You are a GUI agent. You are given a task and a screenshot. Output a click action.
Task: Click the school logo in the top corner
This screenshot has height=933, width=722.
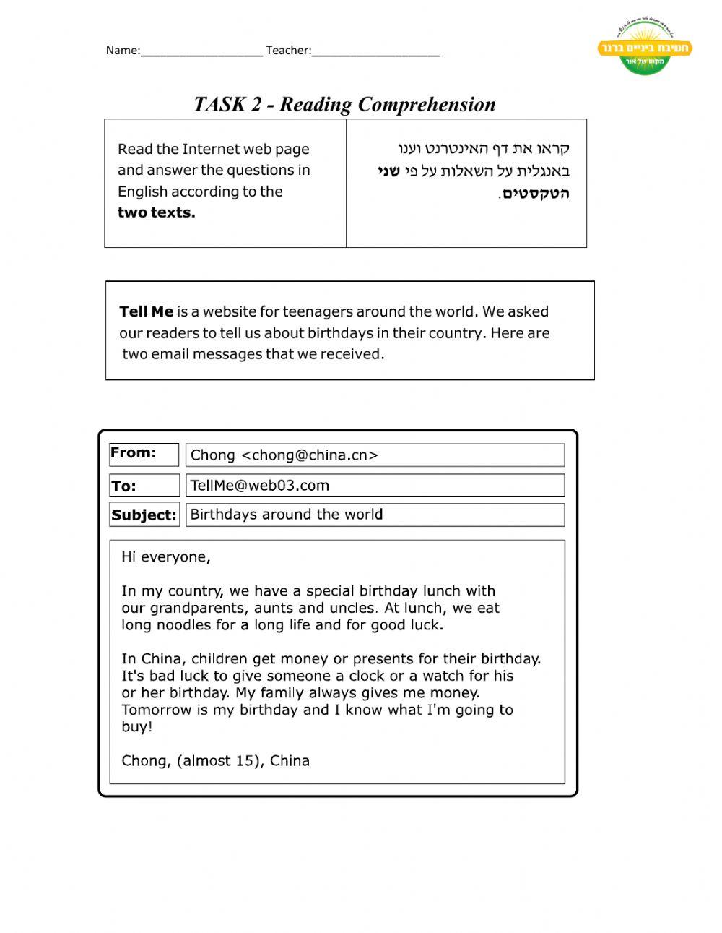tap(645, 48)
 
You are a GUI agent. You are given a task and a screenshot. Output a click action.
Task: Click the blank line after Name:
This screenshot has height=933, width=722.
tap(201, 51)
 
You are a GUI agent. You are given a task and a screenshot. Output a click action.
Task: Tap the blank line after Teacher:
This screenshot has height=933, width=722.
tap(375, 51)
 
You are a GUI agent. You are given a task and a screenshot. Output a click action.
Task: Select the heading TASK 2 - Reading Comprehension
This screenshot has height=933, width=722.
tap(344, 104)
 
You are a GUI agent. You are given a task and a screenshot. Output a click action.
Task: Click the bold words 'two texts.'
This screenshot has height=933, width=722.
tap(156, 212)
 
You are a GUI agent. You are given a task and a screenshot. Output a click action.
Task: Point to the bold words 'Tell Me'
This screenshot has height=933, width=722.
tap(146, 311)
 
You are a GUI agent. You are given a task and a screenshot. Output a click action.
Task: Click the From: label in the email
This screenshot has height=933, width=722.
tap(134, 453)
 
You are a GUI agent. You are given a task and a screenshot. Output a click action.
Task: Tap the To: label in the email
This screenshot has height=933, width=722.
tap(123, 486)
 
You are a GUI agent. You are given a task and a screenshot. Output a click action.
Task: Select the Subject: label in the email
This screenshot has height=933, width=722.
tap(144, 515)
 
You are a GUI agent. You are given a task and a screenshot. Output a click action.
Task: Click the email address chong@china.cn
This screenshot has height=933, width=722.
tap(309, 455)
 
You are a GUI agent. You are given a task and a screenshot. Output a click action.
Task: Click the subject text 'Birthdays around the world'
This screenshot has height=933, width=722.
tap(287, 515)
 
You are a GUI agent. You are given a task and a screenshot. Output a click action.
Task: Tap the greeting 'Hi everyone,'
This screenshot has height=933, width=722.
tap(166, 557)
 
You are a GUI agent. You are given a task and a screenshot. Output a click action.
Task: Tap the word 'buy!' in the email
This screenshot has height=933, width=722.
tap(137, 727)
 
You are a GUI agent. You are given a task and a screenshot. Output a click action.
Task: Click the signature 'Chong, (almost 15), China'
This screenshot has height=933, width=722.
tap(215, 761)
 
